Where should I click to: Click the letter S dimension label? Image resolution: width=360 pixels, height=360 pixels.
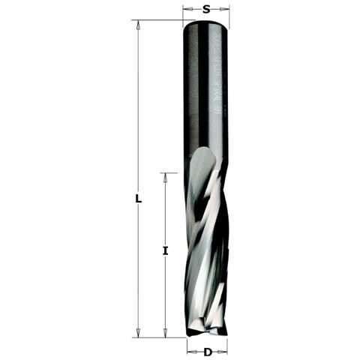click(206, 9)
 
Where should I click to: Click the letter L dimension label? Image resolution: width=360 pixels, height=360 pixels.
click(138, 199)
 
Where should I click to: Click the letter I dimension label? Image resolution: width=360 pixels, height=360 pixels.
click(165, 250)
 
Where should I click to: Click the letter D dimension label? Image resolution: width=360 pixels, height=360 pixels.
click(208, 352)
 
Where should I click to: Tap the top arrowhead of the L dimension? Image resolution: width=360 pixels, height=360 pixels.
click(138, 25)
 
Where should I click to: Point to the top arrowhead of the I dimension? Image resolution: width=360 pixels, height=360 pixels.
click(165, 178)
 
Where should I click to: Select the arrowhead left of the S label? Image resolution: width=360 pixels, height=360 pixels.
click(188, 9)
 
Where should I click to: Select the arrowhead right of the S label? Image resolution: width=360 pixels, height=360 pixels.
click(224, 9)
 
